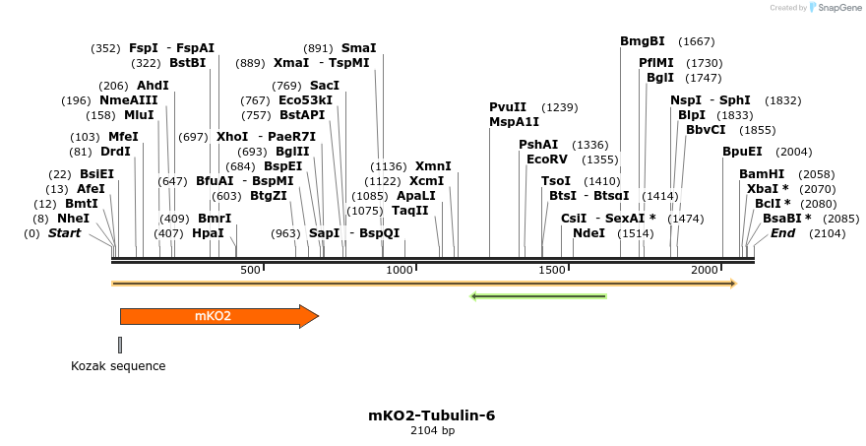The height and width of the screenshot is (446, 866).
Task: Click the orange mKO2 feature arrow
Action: (x=216, y=316)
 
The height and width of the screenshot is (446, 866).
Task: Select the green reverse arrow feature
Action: (x=538, y=295)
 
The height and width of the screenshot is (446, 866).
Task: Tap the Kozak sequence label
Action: (x=117, y=366)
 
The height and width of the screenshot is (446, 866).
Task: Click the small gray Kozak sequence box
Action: (x=120, y=345)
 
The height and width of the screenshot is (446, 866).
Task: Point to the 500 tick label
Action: (x=250, y=270)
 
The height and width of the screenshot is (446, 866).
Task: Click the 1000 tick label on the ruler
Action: (x=400, y=270)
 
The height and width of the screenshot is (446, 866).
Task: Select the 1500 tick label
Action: (x=552, y=270)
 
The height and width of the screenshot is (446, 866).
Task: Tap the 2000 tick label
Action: (x=704, y=270)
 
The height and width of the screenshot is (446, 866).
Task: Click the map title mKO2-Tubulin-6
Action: (x=432, y=415)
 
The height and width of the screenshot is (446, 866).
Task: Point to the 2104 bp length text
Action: (x=432, y=431)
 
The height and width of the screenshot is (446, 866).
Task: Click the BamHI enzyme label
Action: (x=762, y=174)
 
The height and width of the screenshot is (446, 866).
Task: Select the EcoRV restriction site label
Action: (x=547, y=159)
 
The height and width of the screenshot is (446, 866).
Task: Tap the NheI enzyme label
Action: (x=73, y=219)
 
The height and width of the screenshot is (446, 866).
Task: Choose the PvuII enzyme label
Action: (x=508, y=107)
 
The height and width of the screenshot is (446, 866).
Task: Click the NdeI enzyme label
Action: (x=588, y=233)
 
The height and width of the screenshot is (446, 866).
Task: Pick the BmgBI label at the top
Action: (x=643, y=41)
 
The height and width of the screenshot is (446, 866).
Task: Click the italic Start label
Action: (x=64, y=233)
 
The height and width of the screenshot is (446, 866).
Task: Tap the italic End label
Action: (x=783, y=233)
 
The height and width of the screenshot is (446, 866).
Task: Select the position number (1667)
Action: (x=697, y=41)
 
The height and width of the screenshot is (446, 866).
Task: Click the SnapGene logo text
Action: (x=837, y=8)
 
